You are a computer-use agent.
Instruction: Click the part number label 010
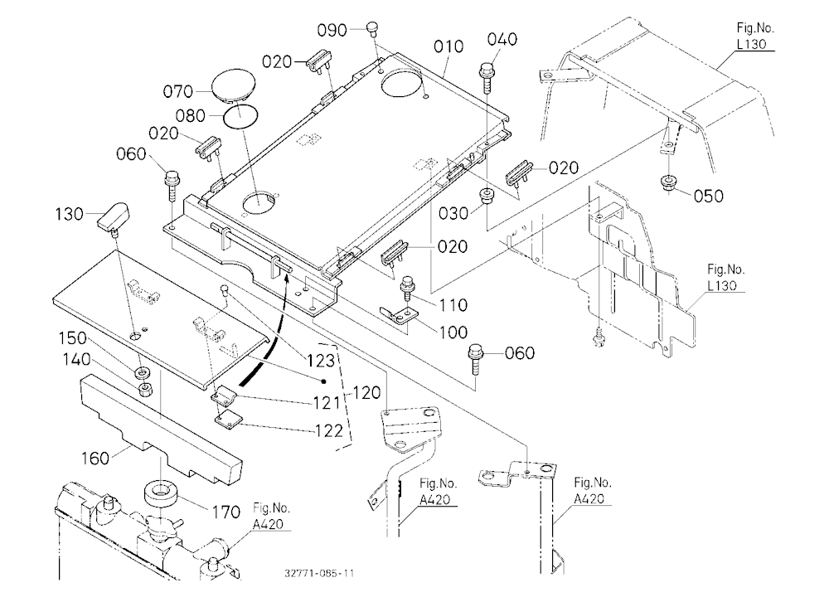[x=448, y=46]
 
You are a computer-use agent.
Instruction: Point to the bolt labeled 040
[x=487, y=77]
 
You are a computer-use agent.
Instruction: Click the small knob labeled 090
[x=373, y=27]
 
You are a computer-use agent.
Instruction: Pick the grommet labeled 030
[x=486, y=195]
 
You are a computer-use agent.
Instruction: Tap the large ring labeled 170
[x=159, y=493]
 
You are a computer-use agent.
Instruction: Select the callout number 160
[x=95, y=458]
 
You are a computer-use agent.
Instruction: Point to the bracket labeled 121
[x=225, y=395]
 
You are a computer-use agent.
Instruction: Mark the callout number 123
[x=321, y=360]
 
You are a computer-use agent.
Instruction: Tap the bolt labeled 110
[x=408, y=287]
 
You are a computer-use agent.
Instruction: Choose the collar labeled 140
[x=145, y=391]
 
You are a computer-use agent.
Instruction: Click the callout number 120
[x=366, y=393]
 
